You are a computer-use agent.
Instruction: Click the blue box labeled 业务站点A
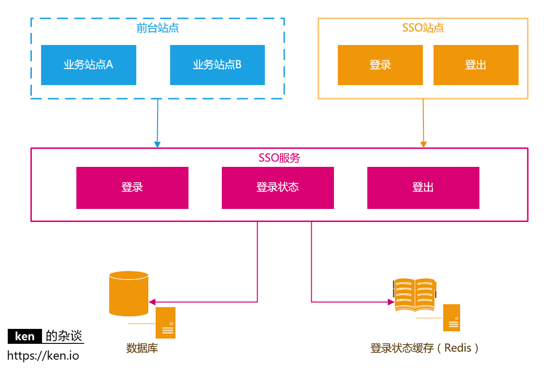[x=88, y=65]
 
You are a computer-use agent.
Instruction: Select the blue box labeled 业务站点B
[x=217, y=65]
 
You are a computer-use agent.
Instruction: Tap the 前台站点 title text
[x=158, y=28]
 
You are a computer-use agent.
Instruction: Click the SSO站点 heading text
[x=423, y=28]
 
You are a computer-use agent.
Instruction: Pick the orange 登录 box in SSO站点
[x=380, y=65]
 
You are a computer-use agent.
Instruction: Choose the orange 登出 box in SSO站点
[x=476, y=65]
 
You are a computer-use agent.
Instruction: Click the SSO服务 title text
[x=279, y=158]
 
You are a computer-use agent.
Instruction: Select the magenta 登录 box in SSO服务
[x=132, y=188]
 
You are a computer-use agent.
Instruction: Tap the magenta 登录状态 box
[x=277, y=188]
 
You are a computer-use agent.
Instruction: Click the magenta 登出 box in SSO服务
[x=423, y=188]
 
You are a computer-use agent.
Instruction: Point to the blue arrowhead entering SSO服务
[x=157, y=144]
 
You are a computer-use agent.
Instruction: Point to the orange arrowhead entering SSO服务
[x=423, y=144]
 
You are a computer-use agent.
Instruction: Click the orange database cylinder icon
[x=129, y=293]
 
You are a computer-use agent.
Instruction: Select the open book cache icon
[x=415, y=294]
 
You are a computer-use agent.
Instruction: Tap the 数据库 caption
[x=142, y=348]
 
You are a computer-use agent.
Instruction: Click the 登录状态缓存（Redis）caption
[x=425, y=348]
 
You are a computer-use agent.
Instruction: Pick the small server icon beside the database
[x=165, y=323]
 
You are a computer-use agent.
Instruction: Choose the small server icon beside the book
[x=452, y=318]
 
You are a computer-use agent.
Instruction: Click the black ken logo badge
[x=25, y=336]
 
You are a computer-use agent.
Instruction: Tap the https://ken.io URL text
[x=43, y=356]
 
